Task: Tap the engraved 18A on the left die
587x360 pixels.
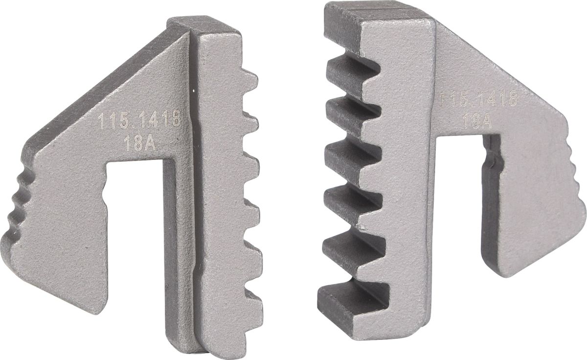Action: [x=140, y=144]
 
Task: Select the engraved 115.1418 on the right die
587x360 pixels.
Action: [x=478, y=99]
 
